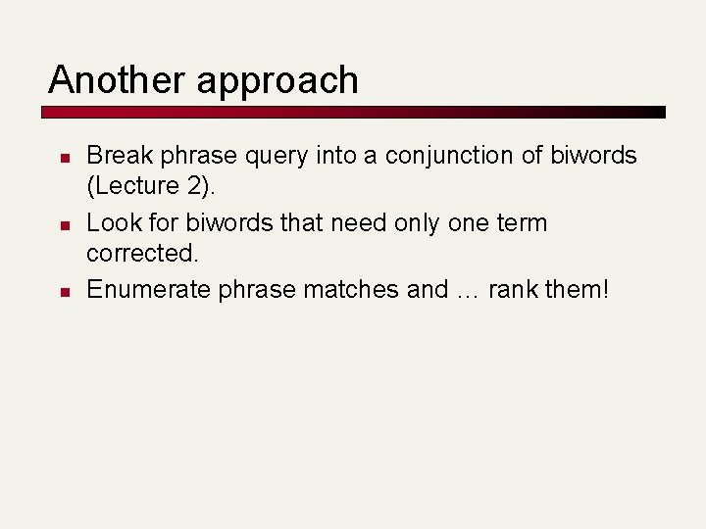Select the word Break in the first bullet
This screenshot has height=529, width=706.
pos(115,155)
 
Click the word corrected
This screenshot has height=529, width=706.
pos(140,255)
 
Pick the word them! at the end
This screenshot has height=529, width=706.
pos(580,289)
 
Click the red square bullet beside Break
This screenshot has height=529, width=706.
pos(61,158)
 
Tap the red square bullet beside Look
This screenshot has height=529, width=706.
pos(61,225)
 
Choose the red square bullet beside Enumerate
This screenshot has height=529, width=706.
pos(61,292)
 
